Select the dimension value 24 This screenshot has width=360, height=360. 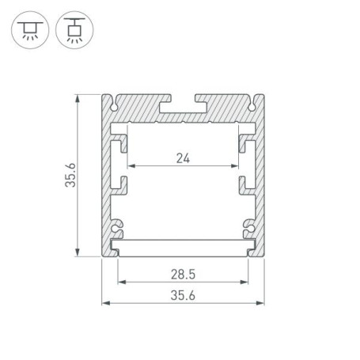click(x=183, y=157)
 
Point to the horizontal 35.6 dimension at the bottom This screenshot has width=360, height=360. click(x=183, y=295)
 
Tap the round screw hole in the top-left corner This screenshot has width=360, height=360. click(x=117, y=104)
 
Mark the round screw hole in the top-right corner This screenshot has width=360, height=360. click(x=250, y=104)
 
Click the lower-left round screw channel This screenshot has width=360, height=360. click(x=118, y=228)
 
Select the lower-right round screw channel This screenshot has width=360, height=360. click(x=248, y=228)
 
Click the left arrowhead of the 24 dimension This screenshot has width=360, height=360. click(x=131, y=166)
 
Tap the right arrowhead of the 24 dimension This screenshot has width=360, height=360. click(x=236, y=166)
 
